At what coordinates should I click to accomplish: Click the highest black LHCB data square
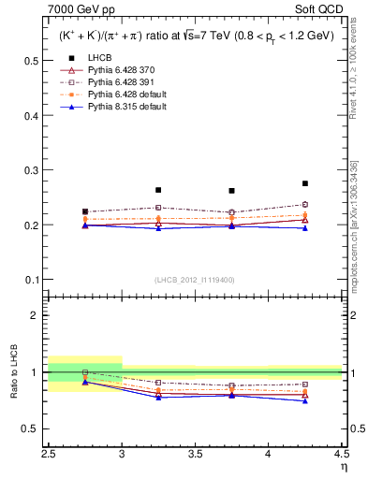coord(305,183)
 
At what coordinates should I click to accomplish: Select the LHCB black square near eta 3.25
coord(158,190)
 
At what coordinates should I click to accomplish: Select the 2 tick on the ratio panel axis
coord(38,315)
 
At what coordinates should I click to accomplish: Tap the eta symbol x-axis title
coord(343,466)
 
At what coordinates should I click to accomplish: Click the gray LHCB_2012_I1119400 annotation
coord(194,280)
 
